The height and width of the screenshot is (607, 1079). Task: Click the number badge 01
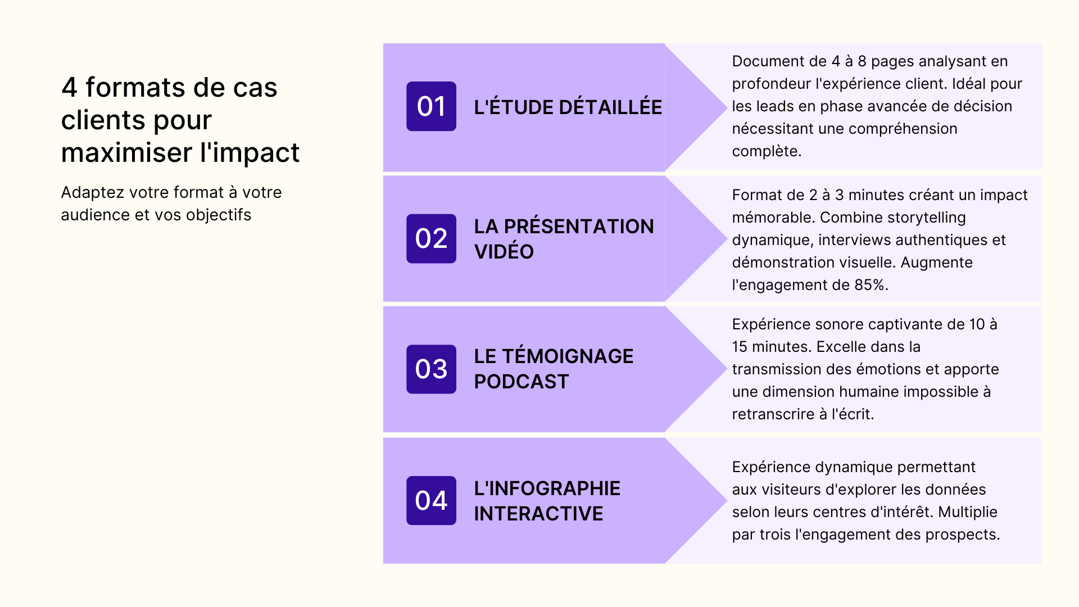(x=431, y=106)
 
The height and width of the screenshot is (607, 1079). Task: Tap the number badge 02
(x=431, y=238)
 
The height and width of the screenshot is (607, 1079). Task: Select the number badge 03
(x=431, y=369)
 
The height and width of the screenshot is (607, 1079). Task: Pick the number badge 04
(x=431, y=500)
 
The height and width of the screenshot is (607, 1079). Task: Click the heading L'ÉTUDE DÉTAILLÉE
(x=568, y=107)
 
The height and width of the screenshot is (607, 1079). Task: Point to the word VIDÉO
(x=504, y=251)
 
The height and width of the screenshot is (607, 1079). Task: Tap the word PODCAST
(x=521, y=382)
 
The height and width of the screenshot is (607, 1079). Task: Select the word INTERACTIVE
(x=538, y=513)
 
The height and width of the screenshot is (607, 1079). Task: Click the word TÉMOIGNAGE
(x=568, y=356)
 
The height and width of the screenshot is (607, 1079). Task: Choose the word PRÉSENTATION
(x=579, y=227)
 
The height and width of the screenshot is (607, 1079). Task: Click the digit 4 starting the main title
(x=69, y=88)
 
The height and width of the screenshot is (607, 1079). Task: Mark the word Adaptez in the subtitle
(x=92, y=193)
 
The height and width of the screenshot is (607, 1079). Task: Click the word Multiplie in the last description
(x=967, y=512)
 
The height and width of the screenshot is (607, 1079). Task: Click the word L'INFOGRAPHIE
(x=547, y=488)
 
